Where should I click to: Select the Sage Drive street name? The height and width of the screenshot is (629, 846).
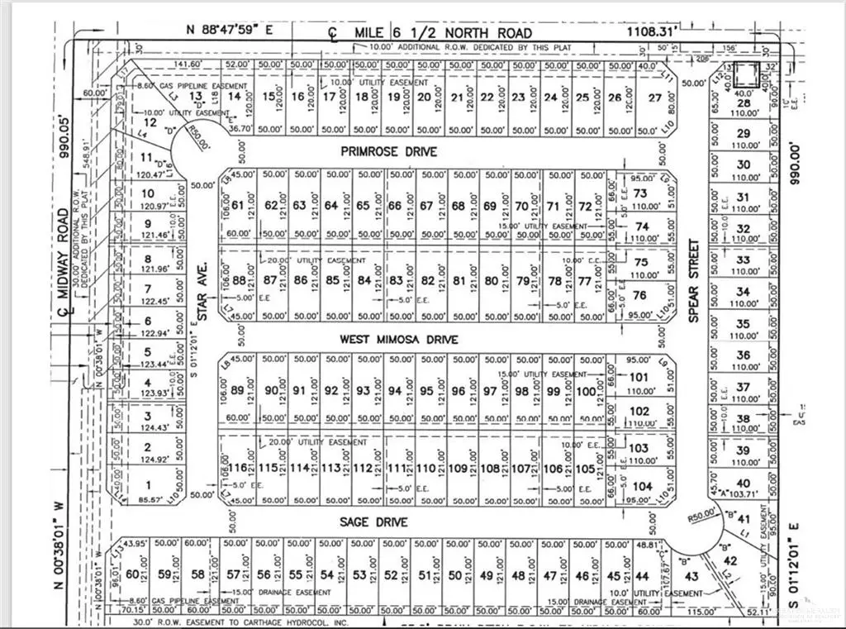(x=374, y=522)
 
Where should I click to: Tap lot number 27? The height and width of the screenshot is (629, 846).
(x=655, y=98)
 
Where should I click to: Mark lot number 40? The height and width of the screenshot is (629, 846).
(x=743, y=484)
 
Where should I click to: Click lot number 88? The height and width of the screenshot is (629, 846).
(x=240, y=280)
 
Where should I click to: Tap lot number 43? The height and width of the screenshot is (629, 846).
(x=692, y=576)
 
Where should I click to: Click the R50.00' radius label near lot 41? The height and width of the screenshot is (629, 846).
(x=702, y=517)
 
